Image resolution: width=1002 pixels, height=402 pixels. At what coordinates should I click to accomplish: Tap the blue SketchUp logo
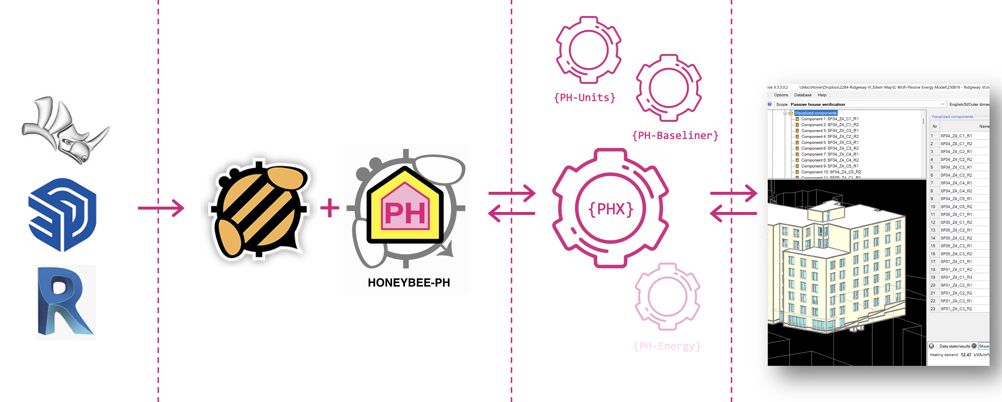click(62, 215)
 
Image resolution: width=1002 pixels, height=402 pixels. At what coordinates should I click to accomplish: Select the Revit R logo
click(65, 302)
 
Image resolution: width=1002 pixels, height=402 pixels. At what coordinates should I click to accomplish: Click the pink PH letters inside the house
click(405, 213)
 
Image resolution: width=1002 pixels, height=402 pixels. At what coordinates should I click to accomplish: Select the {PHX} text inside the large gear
click(610, 209)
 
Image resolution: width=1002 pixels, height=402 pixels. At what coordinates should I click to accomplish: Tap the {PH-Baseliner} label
click(675, 135)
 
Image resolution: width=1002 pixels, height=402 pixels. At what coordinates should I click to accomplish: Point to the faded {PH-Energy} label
click(667, 346)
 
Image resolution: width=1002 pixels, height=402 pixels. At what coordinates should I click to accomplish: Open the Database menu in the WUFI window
click(802, 95)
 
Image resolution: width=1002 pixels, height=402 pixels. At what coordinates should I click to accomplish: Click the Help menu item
click(822, 95)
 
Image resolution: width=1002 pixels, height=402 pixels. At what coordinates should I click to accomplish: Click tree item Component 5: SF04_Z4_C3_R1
click(829, 143)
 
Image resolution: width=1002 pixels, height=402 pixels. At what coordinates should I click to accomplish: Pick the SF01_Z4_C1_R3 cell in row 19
click(956, 277)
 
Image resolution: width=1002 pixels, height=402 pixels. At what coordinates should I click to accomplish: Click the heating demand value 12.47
click(966, 355)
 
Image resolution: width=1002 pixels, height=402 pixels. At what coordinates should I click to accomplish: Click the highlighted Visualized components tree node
click(815, 113)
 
